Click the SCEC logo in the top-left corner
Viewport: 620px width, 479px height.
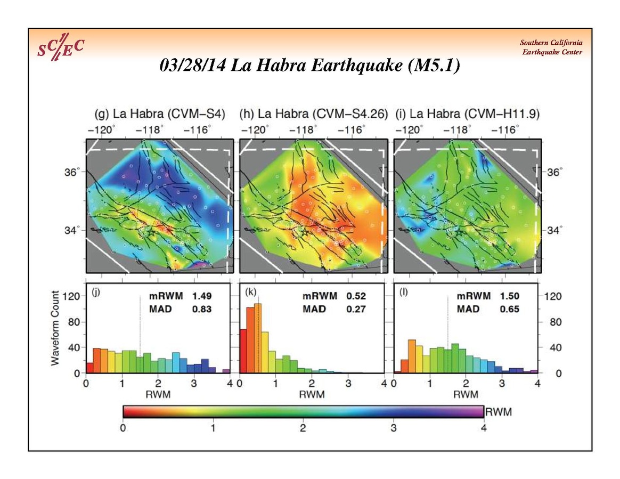pos(60,50)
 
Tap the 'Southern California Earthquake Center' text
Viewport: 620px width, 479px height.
pos(551,47)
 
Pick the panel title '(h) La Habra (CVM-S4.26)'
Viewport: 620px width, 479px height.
pos(313,113)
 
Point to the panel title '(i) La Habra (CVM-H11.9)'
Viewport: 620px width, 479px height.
pos(466,113)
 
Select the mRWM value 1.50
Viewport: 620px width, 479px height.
pos(510,296)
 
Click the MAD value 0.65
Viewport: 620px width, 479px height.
pos(510,309)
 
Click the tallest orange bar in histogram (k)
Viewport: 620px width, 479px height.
pos(258,338)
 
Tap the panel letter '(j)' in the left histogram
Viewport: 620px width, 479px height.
pos(96,291)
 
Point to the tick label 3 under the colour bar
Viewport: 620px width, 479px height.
pos(393,428)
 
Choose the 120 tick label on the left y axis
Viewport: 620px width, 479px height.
pos(72,296)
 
